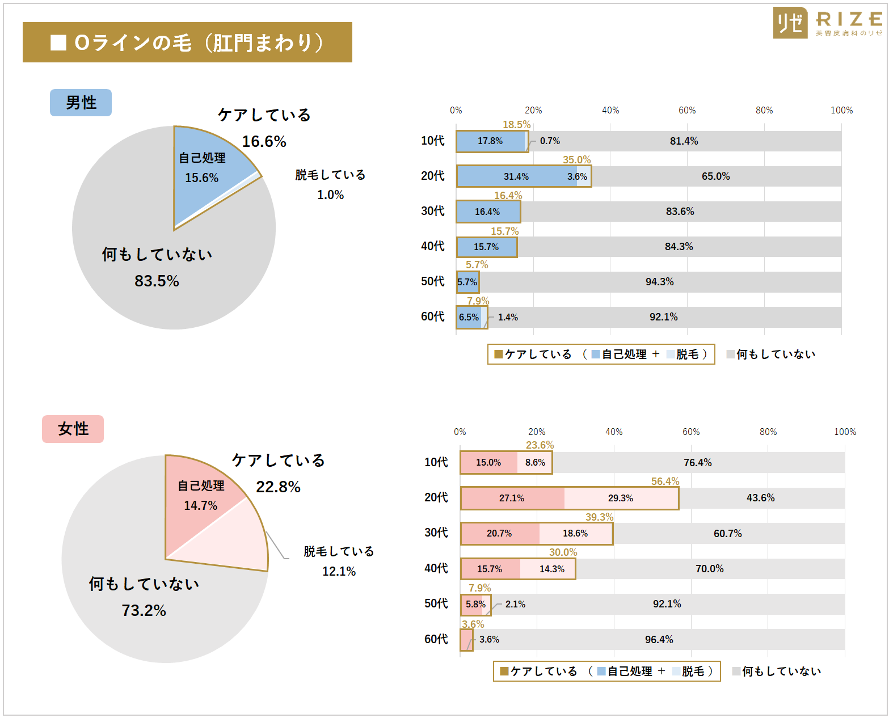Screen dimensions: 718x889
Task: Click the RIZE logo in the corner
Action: click(x=827, y=23)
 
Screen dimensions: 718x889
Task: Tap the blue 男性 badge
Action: click(x=81, y=103)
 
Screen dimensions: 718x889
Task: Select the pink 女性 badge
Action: click(x=73, y=429)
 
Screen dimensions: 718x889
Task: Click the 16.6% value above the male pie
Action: click(x=264, y=141)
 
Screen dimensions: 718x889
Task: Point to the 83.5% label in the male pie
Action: click(x=157, y=281)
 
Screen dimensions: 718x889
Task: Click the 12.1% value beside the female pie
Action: click(x=339, y=571)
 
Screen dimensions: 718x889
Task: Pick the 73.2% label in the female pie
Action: click(x=144, y=610)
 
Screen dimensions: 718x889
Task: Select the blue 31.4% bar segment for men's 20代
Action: click(x=516, y=176)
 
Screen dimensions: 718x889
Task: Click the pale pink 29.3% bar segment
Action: click(x=621, y=498)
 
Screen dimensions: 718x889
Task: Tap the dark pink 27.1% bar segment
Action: click(x=512, y=498)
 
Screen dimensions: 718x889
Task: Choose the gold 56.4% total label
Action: click(x=665, y=481)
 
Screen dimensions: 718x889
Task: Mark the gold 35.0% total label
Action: click(x=576, y=160)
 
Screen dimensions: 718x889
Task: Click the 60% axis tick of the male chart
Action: click(x=686, y=110)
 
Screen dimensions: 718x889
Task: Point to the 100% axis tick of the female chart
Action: click(x=845, y=432)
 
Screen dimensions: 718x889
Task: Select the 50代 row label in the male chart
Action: click(x=432, y=281)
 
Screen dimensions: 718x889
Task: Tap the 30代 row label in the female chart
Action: click(x=436, y=533)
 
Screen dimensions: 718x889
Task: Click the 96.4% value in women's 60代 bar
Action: click(x=659, y=639)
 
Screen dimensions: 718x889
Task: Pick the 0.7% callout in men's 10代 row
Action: click(x=550, y=141)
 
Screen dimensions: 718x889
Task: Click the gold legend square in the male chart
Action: click(x=499, y=354)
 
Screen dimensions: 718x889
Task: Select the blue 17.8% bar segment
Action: click(x=490, y=141)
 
